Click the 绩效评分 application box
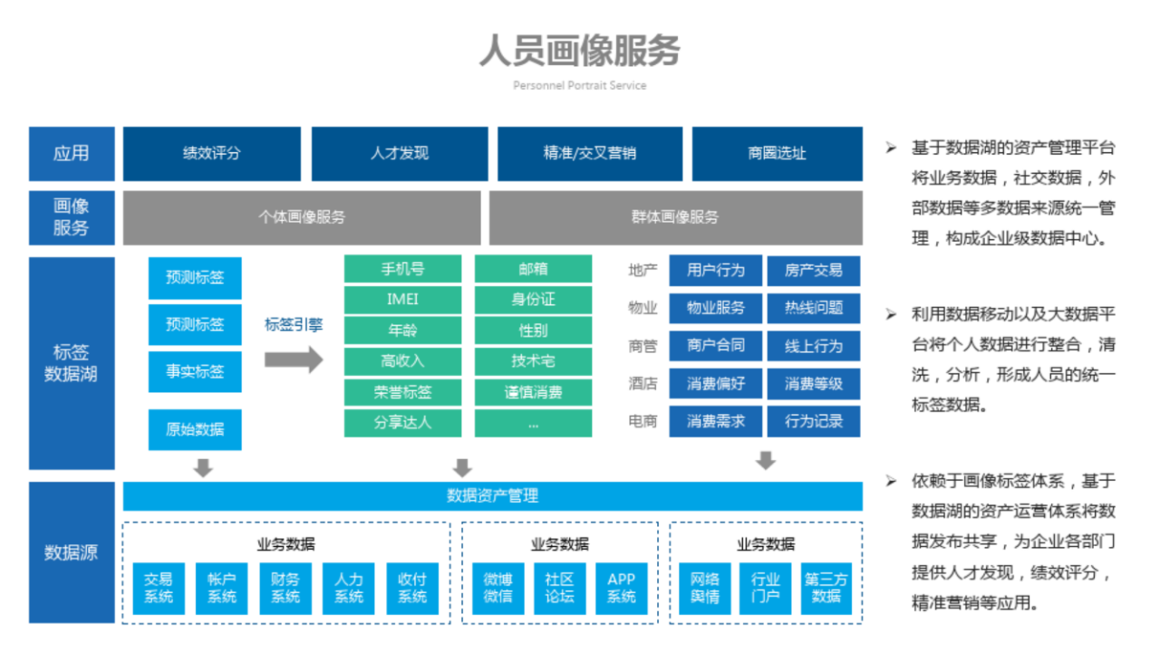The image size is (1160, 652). coord(212,154)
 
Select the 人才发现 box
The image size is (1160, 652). coord(400,154)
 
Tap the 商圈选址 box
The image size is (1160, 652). coord(778,154)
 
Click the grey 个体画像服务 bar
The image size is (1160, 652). coord(302,217)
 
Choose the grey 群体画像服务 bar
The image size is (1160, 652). coord(676,217)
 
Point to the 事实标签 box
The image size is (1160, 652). coord(195,371)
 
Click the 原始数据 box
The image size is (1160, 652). coord(195,429)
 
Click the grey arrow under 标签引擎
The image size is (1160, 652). coord(294,360)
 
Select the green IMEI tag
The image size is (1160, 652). coord(402,300)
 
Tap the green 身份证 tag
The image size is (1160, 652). coord(533,300)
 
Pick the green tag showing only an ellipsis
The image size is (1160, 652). coord(533,424)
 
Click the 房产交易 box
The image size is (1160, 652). coord(814,271)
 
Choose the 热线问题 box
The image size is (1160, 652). coord(814,309)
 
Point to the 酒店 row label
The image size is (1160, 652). coord(643,383)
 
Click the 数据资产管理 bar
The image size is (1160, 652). coord(492,496)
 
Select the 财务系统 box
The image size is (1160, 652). coord(285,589)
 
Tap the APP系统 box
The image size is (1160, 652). coord(622,589)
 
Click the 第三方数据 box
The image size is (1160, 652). coord(826,589)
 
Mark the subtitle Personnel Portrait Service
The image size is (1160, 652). coord(579,86)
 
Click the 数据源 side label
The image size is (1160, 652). coord(72,552)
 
